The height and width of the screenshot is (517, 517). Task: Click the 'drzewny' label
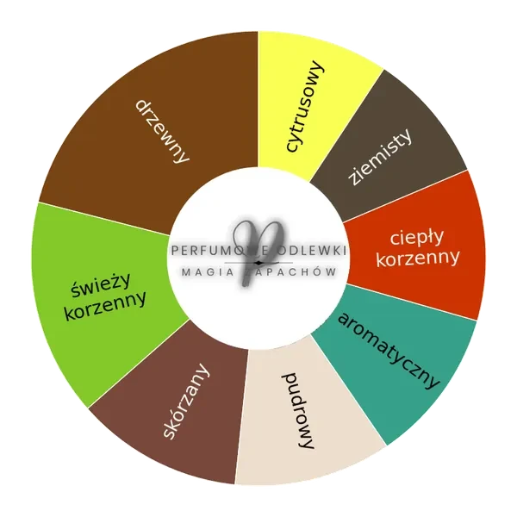click(x=162, y=132)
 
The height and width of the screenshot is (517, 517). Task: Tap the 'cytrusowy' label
click(x=305, y=106)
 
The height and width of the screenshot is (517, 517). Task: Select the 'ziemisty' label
click(x=381, y=157)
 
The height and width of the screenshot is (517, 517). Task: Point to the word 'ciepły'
click(x=417, y=238)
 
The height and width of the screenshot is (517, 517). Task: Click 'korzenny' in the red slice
click(x=418, y=258)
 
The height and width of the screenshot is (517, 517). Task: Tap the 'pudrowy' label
click(x=298, y=410)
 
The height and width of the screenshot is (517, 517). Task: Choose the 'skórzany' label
click(x=186, y=401)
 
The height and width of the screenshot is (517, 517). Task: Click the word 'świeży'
click(x=101, y=285)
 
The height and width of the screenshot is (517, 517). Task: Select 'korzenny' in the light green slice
click(x=105, y=305)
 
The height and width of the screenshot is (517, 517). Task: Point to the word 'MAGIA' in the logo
click(x=208, y=272)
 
